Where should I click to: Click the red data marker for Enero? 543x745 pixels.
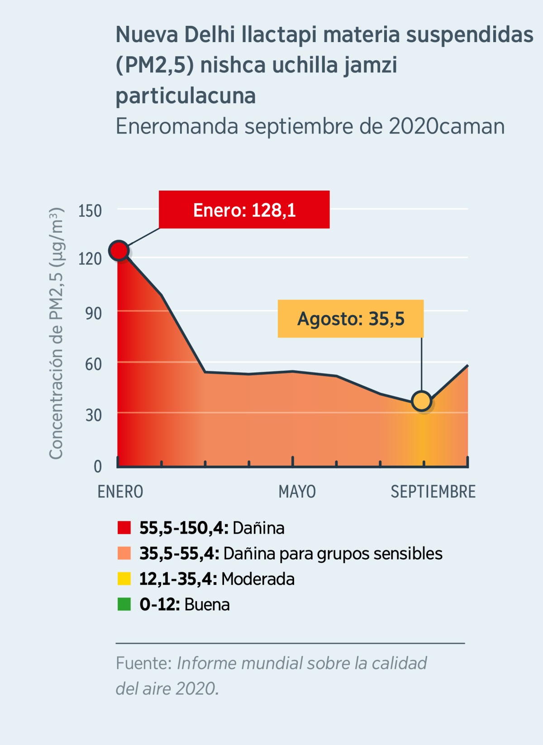pos(119,250)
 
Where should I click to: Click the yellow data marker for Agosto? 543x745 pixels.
pos(422,401)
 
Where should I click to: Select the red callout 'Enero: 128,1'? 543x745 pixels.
pos(244,210)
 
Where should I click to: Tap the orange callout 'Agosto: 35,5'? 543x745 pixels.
pos(351,319)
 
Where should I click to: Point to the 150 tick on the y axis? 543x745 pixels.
pos(90,211)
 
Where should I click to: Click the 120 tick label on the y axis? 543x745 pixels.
pos(90,259)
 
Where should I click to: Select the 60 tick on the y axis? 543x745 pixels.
pos(93,364)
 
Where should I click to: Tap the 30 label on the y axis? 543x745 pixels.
pos(93,415)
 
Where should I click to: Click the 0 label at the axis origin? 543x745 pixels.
pos(97,466)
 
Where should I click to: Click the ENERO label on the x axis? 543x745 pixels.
pos(120,492)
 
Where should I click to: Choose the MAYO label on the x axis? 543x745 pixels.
pos(297,492)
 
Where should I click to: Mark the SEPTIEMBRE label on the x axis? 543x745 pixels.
pos(433,492)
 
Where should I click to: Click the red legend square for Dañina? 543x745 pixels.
pos(124,528)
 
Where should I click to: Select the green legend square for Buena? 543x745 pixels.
pos(124,604)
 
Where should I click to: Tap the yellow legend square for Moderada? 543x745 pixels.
pos(124,579)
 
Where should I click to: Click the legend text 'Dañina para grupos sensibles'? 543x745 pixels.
pos(333,554)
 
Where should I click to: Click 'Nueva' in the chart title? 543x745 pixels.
pos(146,35)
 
